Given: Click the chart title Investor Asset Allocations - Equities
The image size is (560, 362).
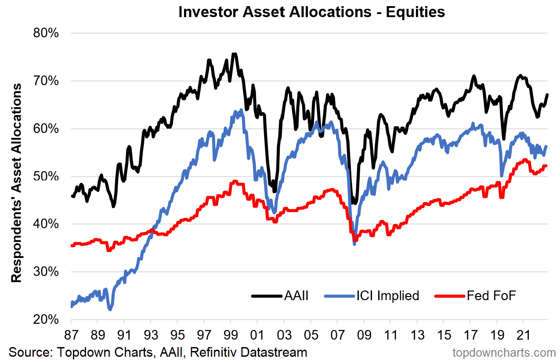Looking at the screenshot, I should [311, 12].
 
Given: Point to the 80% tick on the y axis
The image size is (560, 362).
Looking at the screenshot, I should [46, 33].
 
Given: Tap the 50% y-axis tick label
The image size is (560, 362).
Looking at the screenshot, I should [46, 176].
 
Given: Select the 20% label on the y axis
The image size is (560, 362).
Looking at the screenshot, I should [46, 319].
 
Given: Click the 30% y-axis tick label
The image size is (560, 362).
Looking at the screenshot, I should [46, 272].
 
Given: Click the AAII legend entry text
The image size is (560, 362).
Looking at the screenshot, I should [296, 296].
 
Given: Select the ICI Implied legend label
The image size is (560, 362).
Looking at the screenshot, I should [388, 296].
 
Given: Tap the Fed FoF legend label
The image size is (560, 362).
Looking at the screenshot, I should [491, 296].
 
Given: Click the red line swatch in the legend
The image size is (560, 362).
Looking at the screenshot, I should [449, 296].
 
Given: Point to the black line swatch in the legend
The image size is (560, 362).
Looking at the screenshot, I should [266, 296].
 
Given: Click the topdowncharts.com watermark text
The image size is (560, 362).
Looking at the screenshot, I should [504, 352].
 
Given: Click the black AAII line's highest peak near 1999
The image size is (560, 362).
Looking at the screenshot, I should [235, 54].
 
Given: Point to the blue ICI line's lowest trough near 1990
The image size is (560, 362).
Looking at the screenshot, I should [110, 310].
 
